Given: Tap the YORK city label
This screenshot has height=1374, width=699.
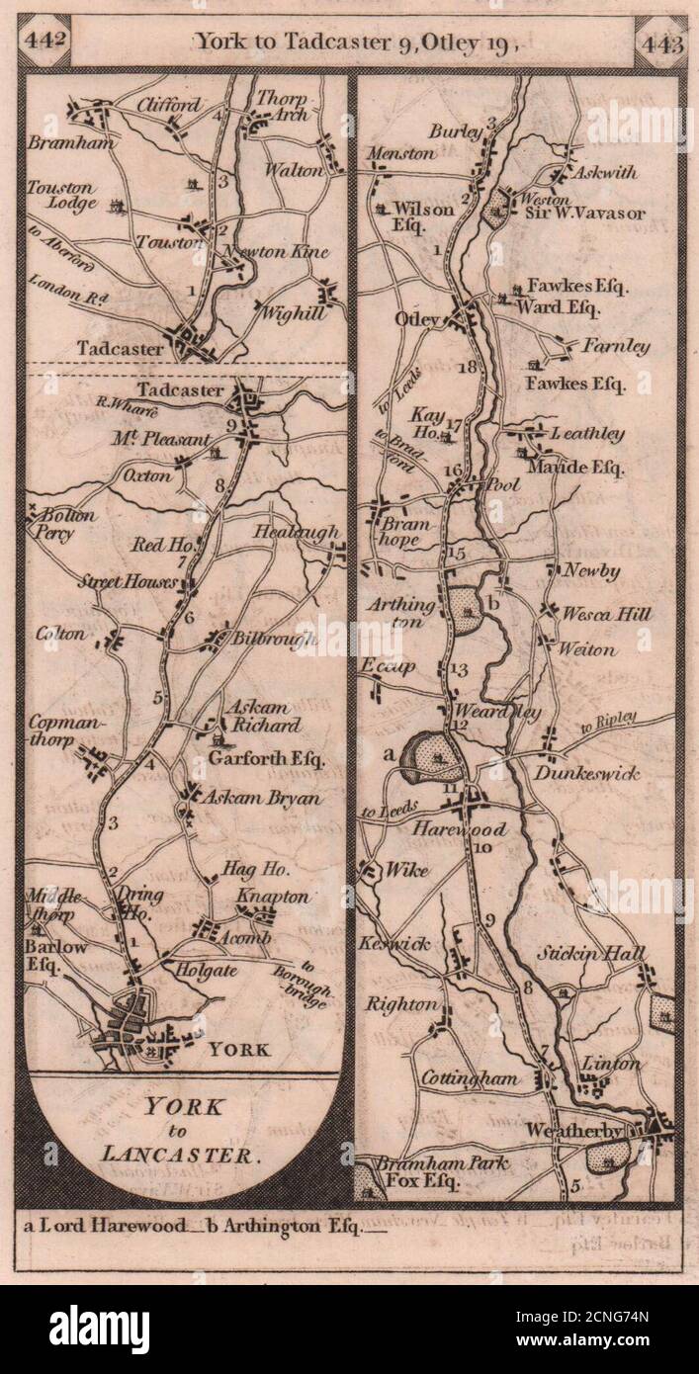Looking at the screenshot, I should [x=235, y=1049].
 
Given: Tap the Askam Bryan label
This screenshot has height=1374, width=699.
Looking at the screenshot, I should [x=263, y=798].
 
